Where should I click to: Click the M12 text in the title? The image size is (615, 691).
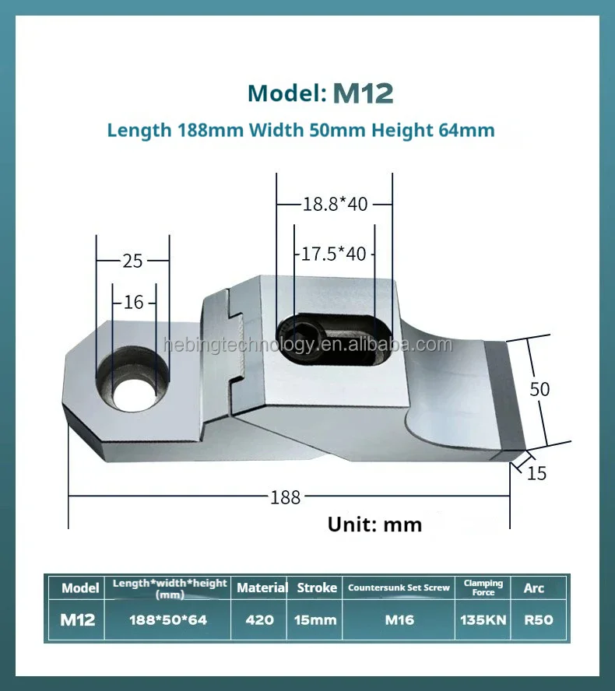click(363, 93)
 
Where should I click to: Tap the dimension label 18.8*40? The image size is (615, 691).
click(335, 205)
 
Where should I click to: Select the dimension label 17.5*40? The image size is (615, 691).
click(333, 254)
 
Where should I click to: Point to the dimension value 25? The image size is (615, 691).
click(132, 261)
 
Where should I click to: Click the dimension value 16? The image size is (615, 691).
click(134, 303)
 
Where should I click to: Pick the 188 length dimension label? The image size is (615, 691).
click(285, 497)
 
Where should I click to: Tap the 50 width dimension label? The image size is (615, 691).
click(539, 390)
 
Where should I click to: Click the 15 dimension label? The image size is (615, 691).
click(536, 474)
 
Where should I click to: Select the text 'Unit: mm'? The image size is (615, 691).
click(374, 524)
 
